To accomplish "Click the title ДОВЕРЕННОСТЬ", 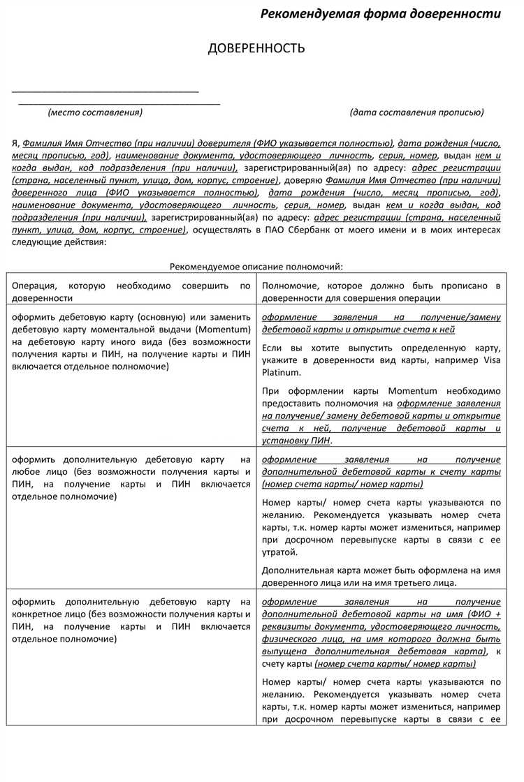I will coord(256,48).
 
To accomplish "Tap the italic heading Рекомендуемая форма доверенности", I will coord(381,14).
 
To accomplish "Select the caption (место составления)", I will coord(95,112).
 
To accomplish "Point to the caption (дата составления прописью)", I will coord(416,112).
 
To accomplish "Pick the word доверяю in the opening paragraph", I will coord(284,180).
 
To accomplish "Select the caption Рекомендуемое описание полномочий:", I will coord(256,267).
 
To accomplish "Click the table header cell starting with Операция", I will coord(131,292).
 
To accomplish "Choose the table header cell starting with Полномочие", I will coord(381,292).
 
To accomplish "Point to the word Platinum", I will coord(282,373).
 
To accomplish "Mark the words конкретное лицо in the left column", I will coord(44,614).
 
